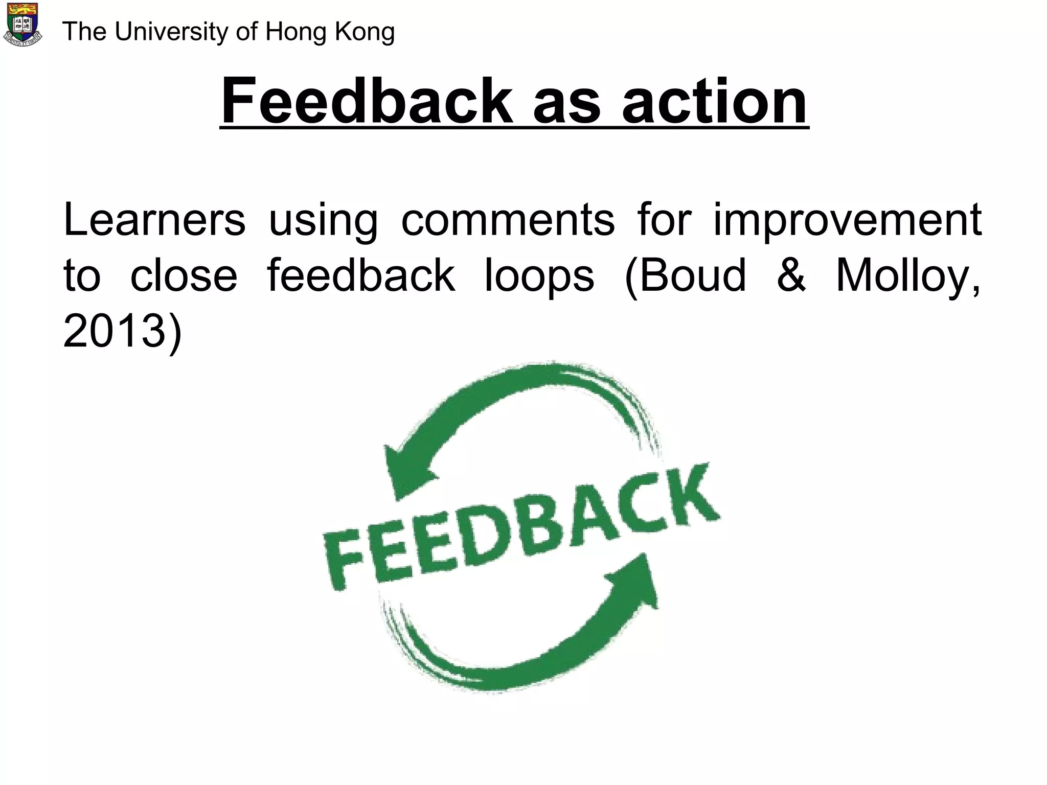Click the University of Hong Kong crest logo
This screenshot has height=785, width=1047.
[x=22, y=25]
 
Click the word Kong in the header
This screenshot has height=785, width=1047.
[x=365, y=32]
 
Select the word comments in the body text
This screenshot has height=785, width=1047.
[x=508, y=220]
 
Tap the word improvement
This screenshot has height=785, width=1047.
[x=847, y=220]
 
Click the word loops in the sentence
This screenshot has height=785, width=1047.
[x=539, y=276]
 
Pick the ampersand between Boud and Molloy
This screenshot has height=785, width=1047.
[x=791, y=276]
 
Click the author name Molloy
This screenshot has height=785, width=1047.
[x=907, y=276]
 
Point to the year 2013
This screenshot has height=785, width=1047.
[x=115, y=332]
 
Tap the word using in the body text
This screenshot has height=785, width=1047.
[x=323, y=220]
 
